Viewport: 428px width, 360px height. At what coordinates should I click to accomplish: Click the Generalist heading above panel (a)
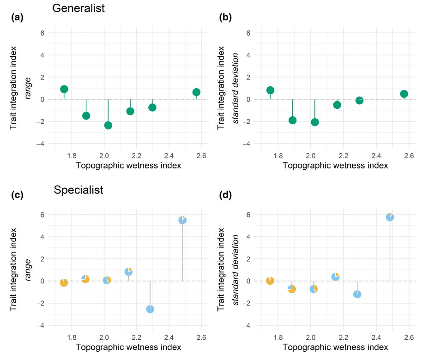point(78,8)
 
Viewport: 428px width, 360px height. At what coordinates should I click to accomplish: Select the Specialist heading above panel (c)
point(78,190)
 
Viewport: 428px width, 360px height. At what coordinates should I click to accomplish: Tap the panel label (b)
point(225,17)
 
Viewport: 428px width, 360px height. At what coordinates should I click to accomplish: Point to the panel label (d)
point(225,195)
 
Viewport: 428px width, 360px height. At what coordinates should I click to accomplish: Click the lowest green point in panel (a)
point(108,126)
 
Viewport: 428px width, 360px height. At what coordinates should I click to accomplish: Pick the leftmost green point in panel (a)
point(64,89)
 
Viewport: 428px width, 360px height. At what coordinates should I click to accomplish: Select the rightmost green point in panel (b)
point(404,94)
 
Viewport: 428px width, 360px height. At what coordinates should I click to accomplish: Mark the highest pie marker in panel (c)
point(182,220)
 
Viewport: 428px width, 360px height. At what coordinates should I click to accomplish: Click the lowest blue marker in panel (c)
point(150,309)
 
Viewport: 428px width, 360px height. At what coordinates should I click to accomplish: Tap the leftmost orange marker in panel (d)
point(270,281)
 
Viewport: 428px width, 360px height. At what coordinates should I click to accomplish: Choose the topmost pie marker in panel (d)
point(390,217)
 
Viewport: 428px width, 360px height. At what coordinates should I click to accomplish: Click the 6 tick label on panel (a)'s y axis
point(42,33)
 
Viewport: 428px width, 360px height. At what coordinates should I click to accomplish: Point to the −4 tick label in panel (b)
point(246,144)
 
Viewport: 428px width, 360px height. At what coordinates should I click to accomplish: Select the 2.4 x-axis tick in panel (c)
point(169,338)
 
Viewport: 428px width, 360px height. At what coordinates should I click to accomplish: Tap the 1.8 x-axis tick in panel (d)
point(278,338)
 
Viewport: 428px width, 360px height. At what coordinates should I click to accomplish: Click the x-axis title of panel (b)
point(335,165)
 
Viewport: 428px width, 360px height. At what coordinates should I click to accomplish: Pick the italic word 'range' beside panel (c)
point(28,270)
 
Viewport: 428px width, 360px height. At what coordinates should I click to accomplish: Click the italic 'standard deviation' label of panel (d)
point(235,270)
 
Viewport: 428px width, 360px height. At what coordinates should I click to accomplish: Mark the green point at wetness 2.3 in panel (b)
point(360,101)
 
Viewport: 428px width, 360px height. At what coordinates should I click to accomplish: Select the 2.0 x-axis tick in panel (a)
point(104,156)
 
